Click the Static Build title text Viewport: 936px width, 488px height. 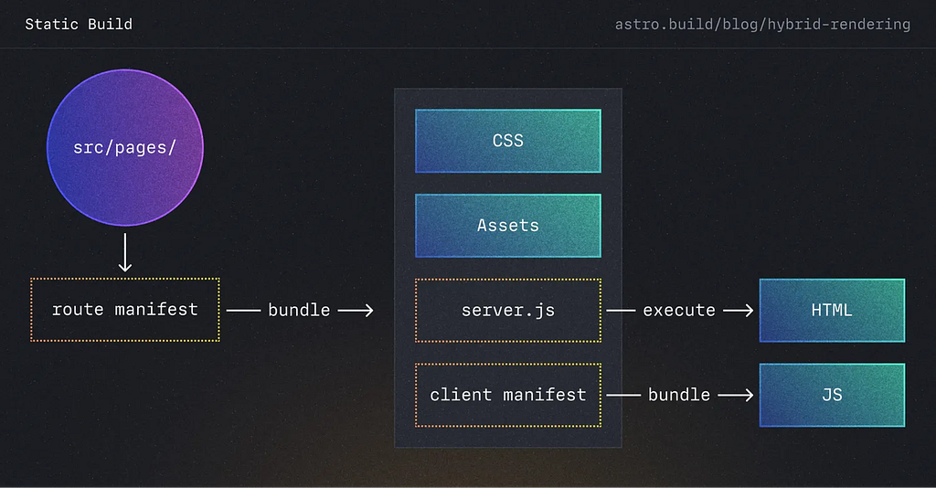[x=79, y=24]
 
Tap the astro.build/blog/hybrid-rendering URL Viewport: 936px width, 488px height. [x=762, y=25]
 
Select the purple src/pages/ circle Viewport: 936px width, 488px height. [x=125, y=147]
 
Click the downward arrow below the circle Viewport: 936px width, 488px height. [x=124, y=252]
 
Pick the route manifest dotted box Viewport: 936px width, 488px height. [x=125, y=310]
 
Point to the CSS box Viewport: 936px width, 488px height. [x=508, y=141]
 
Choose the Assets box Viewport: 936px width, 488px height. [x=508, y=226]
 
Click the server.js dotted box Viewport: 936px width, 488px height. [x=508, y=310]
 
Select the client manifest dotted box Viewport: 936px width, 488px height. [x=508, y=395]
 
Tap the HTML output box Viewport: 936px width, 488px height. [x=832, y=310]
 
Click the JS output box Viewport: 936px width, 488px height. [x=832, y=395]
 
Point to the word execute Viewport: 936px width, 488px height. [x=679, y=310]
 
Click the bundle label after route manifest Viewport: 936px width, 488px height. [x=299, y=310]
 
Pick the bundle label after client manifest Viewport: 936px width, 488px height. [x=679, y=395]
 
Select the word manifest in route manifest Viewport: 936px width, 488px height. [x=156, y=310]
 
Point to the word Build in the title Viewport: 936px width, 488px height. [x=110, y=24]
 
